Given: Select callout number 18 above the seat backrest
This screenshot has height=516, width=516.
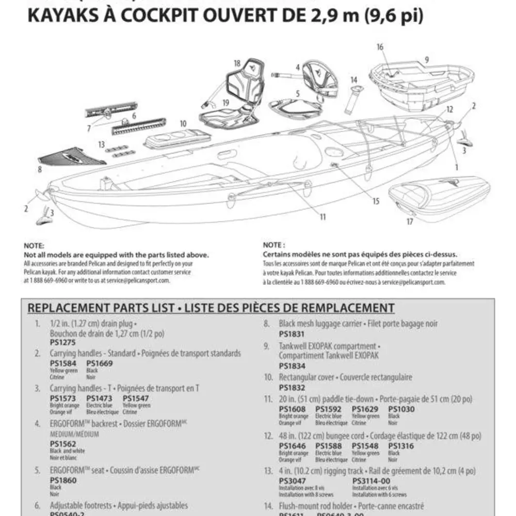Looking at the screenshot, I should tap(237, 63).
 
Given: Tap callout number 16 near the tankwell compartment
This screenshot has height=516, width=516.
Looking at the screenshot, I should tap(380, 47).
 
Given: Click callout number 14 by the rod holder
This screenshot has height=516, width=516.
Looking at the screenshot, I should tap(353, 80).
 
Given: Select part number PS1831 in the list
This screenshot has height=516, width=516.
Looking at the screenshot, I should tap(292, 334).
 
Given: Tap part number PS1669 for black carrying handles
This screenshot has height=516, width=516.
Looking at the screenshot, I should tap(99, 363).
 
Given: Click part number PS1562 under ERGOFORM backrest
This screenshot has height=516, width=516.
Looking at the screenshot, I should tap(62, 444).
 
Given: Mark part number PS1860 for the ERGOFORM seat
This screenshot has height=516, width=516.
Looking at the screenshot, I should tap(62, 480).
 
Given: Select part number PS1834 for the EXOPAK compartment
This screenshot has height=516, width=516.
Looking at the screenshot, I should tap(292, 365).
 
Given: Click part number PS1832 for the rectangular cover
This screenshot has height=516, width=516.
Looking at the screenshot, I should tap(292, 388).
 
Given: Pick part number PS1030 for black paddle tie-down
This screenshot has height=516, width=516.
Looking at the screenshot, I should tap(401, 409).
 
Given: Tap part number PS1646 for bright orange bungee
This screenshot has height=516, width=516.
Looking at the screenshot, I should tap(292, 446).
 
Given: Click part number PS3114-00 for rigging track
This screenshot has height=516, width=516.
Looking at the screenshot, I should tap(372, 481).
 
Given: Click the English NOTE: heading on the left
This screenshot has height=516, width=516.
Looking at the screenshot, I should tap(34, 246).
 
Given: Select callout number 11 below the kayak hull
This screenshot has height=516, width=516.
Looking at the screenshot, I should tap(322, 217).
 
